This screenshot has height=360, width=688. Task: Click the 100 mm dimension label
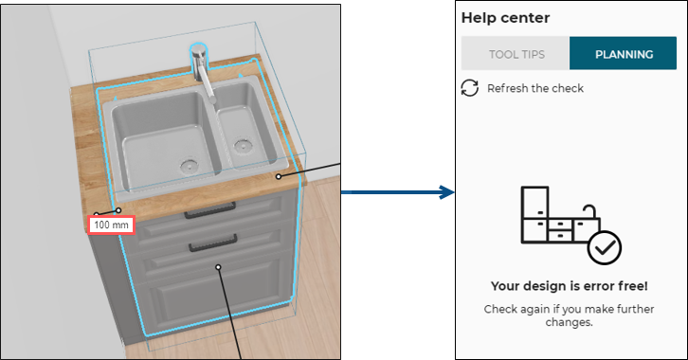(x=111, y=225)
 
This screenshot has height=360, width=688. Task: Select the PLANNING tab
(x=624, y=54)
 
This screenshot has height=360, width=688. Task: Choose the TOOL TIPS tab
(x=516, y=54)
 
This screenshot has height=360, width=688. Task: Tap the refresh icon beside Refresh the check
(x=469, y=88)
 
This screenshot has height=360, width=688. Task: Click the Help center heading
(x=505, y=18)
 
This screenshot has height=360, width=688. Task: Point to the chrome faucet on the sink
(x=202, y=69)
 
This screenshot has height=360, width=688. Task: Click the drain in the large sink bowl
(x=189, y=166)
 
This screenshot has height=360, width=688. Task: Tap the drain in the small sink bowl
(x=242, y=146)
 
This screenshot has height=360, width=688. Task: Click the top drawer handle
(x=210, y=211)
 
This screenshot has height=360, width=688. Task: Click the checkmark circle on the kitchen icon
(x=605, y=248)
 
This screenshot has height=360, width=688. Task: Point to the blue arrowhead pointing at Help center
(x=447, y=192)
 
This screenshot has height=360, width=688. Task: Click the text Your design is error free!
(x=570, y=286)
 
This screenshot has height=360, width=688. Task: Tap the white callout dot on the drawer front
(x=218, y=267)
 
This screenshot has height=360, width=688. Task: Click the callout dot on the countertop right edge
(x=279, y=177)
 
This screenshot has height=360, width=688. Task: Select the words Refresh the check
(x=535, y=88)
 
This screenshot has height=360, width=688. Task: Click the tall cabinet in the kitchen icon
(x=534, y=214)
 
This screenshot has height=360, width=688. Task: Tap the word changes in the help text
(x=569, y=322)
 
